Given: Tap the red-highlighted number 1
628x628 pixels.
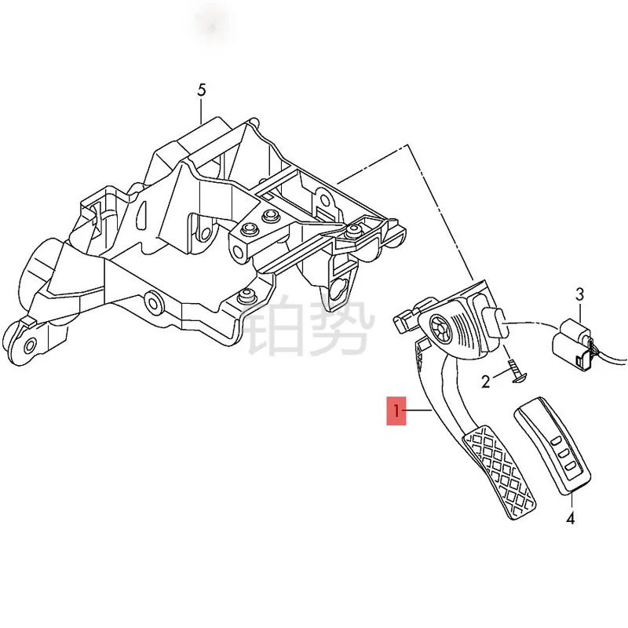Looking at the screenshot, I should [397, 411].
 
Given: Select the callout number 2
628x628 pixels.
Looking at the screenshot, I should [486, 382].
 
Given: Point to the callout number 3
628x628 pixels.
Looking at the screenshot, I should [579, 295].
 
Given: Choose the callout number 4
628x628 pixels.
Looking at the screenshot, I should [571, 518].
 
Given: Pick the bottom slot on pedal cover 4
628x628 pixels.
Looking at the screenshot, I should [566, 469].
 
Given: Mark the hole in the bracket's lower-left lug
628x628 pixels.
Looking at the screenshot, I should [30, 345].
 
